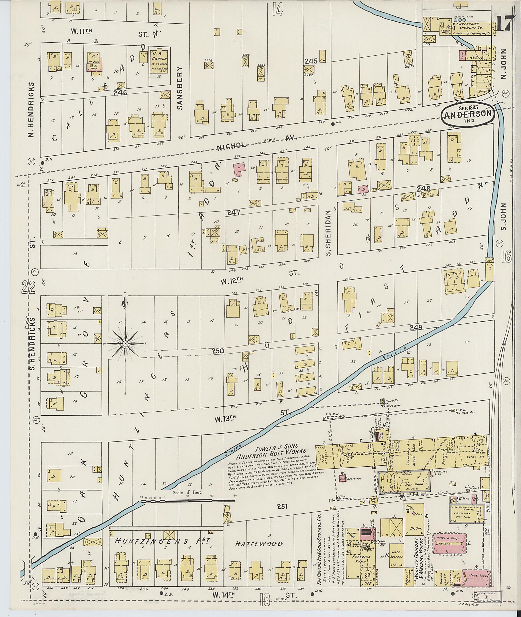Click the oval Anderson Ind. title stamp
468,114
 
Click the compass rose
125,344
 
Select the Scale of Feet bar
188,500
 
